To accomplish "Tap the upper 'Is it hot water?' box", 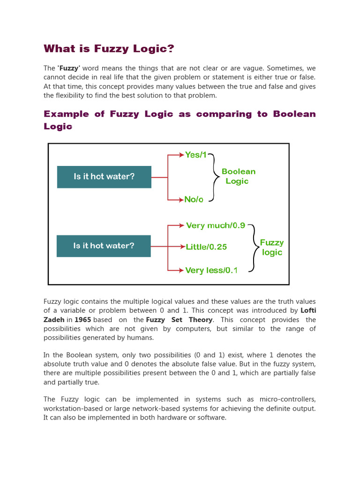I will point(104,177).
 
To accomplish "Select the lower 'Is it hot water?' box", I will point(104,246).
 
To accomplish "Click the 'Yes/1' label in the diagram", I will point(195,155).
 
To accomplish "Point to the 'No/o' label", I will point(194,199).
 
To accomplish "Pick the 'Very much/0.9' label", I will point(216,225).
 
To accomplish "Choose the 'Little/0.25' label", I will point(206,247).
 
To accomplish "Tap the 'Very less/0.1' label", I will point(211,270).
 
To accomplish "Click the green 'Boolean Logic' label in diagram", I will point(238,176).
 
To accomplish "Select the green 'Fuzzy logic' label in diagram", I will point(272,247).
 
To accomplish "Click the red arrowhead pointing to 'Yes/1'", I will point(182,155).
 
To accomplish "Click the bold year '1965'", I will point(82,320).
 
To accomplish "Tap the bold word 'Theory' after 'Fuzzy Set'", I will point(200,320).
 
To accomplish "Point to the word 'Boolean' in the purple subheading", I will point(294,114).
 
